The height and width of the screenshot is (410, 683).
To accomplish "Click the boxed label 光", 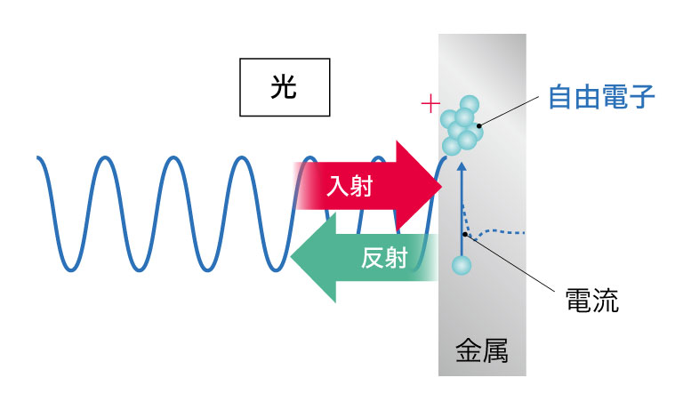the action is click(x=285, y=87).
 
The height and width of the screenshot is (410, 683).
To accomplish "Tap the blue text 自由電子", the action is click(x=601, y=97).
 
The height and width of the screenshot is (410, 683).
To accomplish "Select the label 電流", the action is click(x=592, y=301).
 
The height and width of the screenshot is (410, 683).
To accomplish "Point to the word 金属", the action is click(x=482, y=350).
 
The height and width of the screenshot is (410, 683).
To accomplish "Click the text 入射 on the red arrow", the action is click(x=350, y=187).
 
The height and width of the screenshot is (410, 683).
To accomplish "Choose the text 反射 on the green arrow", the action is click(x=384, y=258).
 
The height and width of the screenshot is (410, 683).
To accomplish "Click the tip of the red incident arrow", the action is click(x=442, y=186).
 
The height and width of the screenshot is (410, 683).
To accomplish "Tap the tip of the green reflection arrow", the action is click(x=291, y=258).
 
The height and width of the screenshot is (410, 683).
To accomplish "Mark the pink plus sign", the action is click(x=430, y=104).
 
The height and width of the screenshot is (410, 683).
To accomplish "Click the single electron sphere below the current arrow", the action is click(x=462, y=265).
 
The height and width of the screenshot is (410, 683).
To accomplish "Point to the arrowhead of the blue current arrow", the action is click(x=462, y=166).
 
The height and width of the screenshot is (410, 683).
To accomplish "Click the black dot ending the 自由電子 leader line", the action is click(x=479, y=126).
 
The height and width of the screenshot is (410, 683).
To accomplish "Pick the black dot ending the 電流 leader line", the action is click(x=465, y=235).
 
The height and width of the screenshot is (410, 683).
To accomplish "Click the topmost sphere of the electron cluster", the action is click(x=470, y=105).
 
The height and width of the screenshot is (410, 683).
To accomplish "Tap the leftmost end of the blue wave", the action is click(x=37, y=157).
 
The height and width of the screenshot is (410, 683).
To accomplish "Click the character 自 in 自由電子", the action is click(x=561, y=97).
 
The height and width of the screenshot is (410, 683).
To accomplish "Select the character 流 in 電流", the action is click(x=606, y=301).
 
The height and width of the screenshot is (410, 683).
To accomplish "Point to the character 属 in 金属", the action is click(x=495, y=350).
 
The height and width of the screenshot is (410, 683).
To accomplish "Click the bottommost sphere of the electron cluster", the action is click(x=452, y=146).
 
